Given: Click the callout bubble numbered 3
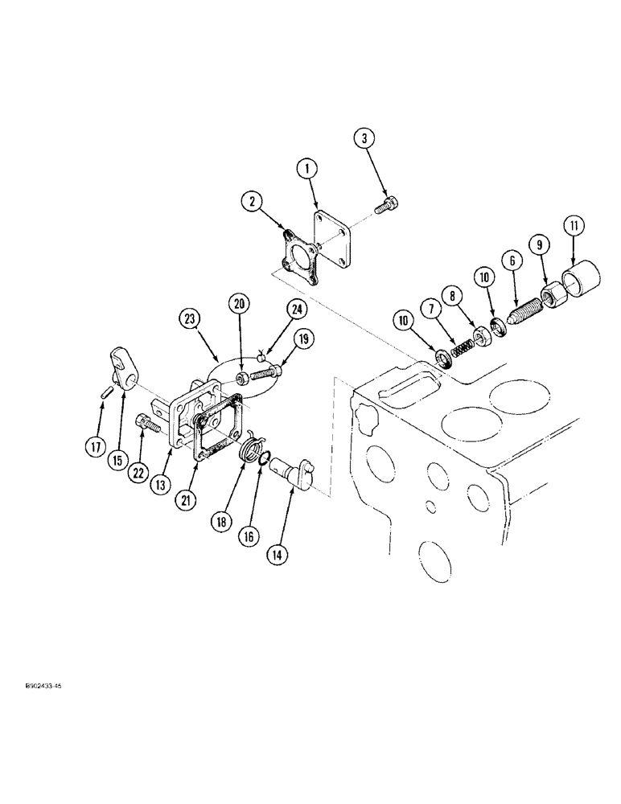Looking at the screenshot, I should coord(365,140).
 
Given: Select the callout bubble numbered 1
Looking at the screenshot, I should coord(306,169).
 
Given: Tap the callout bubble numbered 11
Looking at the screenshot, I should coord(574,227).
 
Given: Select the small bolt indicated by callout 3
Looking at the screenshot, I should coord(388,206).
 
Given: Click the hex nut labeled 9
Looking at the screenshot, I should coord(553,298).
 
